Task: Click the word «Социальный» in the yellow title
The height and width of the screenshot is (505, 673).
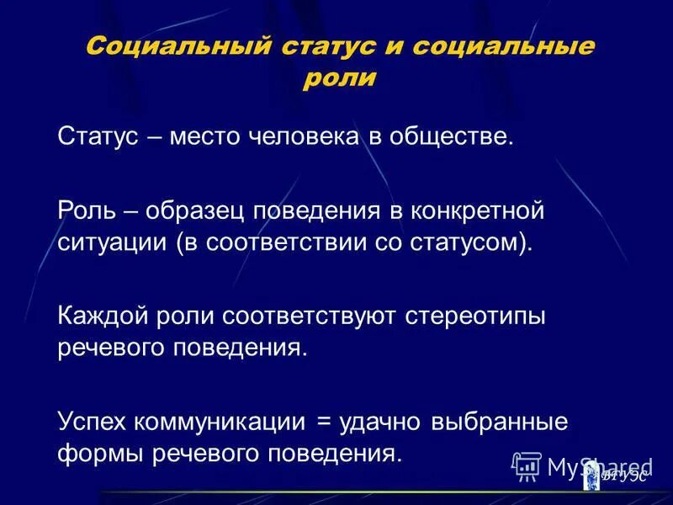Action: coord(164,45)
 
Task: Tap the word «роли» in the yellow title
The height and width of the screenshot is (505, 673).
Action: coord(337,78)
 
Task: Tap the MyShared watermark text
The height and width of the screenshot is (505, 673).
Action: coord(599,465)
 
